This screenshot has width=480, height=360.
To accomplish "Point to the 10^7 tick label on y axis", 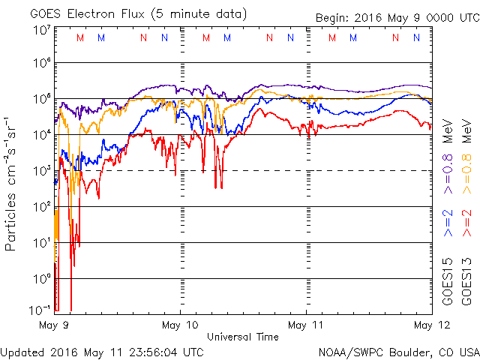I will [41, 30].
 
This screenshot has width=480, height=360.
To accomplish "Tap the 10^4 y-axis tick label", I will [41, 135].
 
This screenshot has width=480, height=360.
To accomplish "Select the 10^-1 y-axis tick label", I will [41, 308].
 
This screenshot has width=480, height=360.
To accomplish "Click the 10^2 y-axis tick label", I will [41, 206].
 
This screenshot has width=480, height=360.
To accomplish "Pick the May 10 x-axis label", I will [180, 325].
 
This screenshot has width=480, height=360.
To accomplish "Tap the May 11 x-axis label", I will [306, 325].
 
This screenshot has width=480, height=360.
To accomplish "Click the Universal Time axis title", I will [243, 337].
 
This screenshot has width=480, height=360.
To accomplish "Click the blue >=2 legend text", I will [448, 224].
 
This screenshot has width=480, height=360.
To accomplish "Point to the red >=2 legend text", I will [467, 224].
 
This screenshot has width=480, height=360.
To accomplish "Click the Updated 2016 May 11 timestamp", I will [102, 351].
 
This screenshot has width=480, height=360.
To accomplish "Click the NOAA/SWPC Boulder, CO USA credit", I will [398, 351].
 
